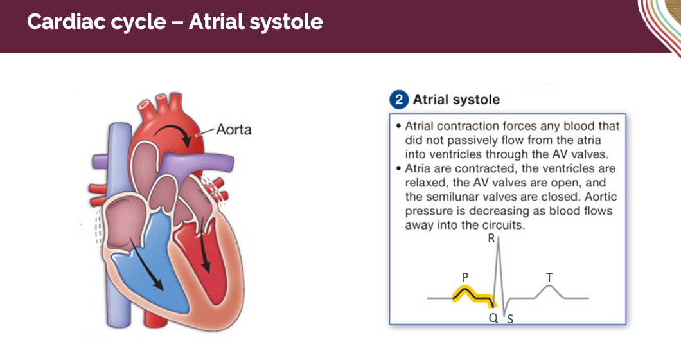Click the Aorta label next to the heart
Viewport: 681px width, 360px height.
coord(234,130)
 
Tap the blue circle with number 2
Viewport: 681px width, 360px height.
coord(399,100)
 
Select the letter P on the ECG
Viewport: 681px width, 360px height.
coord(464,276)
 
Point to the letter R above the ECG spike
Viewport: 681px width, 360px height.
coord(491,239)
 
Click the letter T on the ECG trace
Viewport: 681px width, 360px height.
coord(549,276)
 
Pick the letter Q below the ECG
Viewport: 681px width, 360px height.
coord(493,317)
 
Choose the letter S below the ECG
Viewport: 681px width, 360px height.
coord(509,318)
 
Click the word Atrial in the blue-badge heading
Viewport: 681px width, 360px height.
coord(432,100)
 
